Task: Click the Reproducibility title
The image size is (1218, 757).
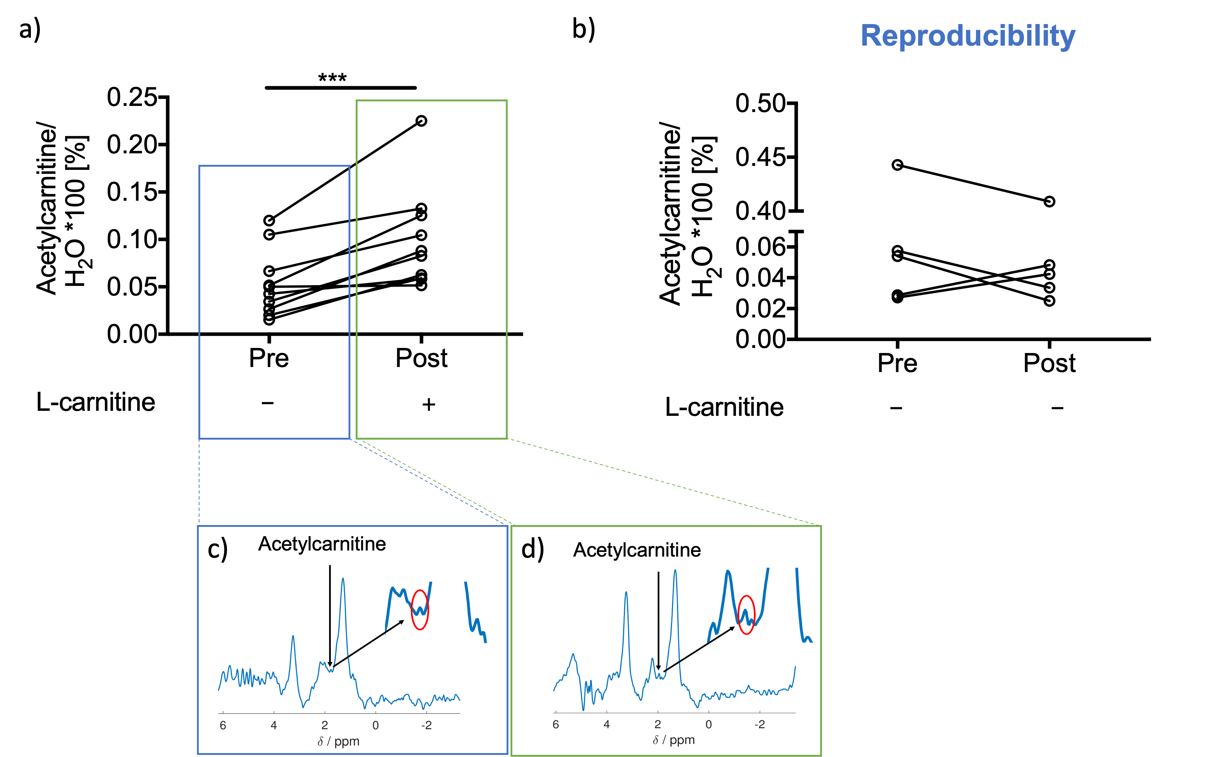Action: point(968,36)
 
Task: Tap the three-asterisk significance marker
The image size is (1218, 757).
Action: point(332,78)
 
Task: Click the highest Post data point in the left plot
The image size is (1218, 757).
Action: point(422,121)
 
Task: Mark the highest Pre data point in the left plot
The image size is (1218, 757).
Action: point(269,220)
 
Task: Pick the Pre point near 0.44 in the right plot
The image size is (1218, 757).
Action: point(898,165)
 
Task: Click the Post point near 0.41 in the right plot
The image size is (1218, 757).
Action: point(1049,201)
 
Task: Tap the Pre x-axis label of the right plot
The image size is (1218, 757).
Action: point(897,363)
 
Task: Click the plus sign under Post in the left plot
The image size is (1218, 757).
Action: point(429,404)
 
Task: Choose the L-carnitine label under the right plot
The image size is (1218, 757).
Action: point(724,407)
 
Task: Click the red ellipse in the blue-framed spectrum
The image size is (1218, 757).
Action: point(420,609)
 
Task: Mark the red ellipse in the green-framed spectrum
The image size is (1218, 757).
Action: point(746,614)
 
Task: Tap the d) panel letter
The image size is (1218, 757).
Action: point(532,549)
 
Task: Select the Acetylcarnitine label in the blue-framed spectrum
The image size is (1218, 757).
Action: point(322,544)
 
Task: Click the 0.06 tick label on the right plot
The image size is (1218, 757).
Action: point(759,246)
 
